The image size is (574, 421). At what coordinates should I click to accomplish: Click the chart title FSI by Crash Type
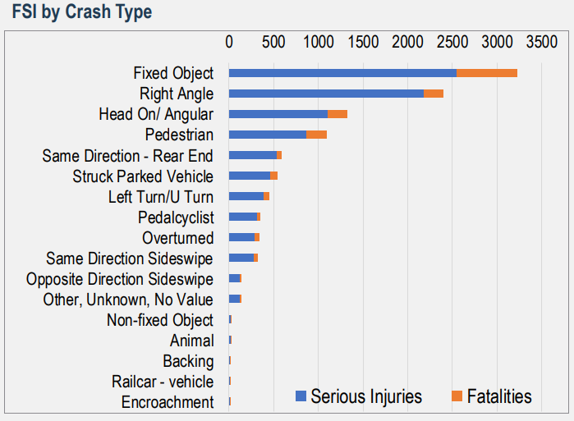click(82, 12)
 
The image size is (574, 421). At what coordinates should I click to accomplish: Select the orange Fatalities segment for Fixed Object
click(487, 73)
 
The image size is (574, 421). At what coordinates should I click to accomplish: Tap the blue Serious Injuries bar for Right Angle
click(326, 94)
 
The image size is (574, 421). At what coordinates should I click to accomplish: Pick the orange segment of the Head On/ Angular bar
click(338, 114)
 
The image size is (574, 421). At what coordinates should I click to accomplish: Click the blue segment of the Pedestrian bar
click(268, 135)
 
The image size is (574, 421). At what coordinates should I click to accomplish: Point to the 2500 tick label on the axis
click(452, 42)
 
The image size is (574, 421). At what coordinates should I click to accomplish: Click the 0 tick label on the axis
click(229, 42)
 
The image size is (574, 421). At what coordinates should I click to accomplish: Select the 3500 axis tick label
click(542, 42)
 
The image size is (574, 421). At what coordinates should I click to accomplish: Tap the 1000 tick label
click(319, 42)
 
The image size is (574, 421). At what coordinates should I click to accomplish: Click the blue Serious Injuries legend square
click(301, 396)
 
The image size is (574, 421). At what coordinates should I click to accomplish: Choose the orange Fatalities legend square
click(457, 396)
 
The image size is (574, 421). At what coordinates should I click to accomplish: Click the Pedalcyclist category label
click(176, 217)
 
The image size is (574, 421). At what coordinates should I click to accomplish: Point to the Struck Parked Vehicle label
click(143, 176)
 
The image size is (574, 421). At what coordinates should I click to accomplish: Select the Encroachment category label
click(168, 402)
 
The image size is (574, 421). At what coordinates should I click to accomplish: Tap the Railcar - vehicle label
click(163, 382)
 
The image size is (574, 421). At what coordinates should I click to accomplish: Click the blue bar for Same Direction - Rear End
click(253, 155)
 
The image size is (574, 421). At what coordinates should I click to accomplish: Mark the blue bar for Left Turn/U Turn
click(246, 196)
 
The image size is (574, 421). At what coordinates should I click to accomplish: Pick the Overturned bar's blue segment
click(241, 237)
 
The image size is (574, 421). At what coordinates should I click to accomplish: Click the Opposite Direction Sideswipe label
click(120, 279)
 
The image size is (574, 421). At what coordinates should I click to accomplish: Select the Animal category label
click(192, 341)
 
